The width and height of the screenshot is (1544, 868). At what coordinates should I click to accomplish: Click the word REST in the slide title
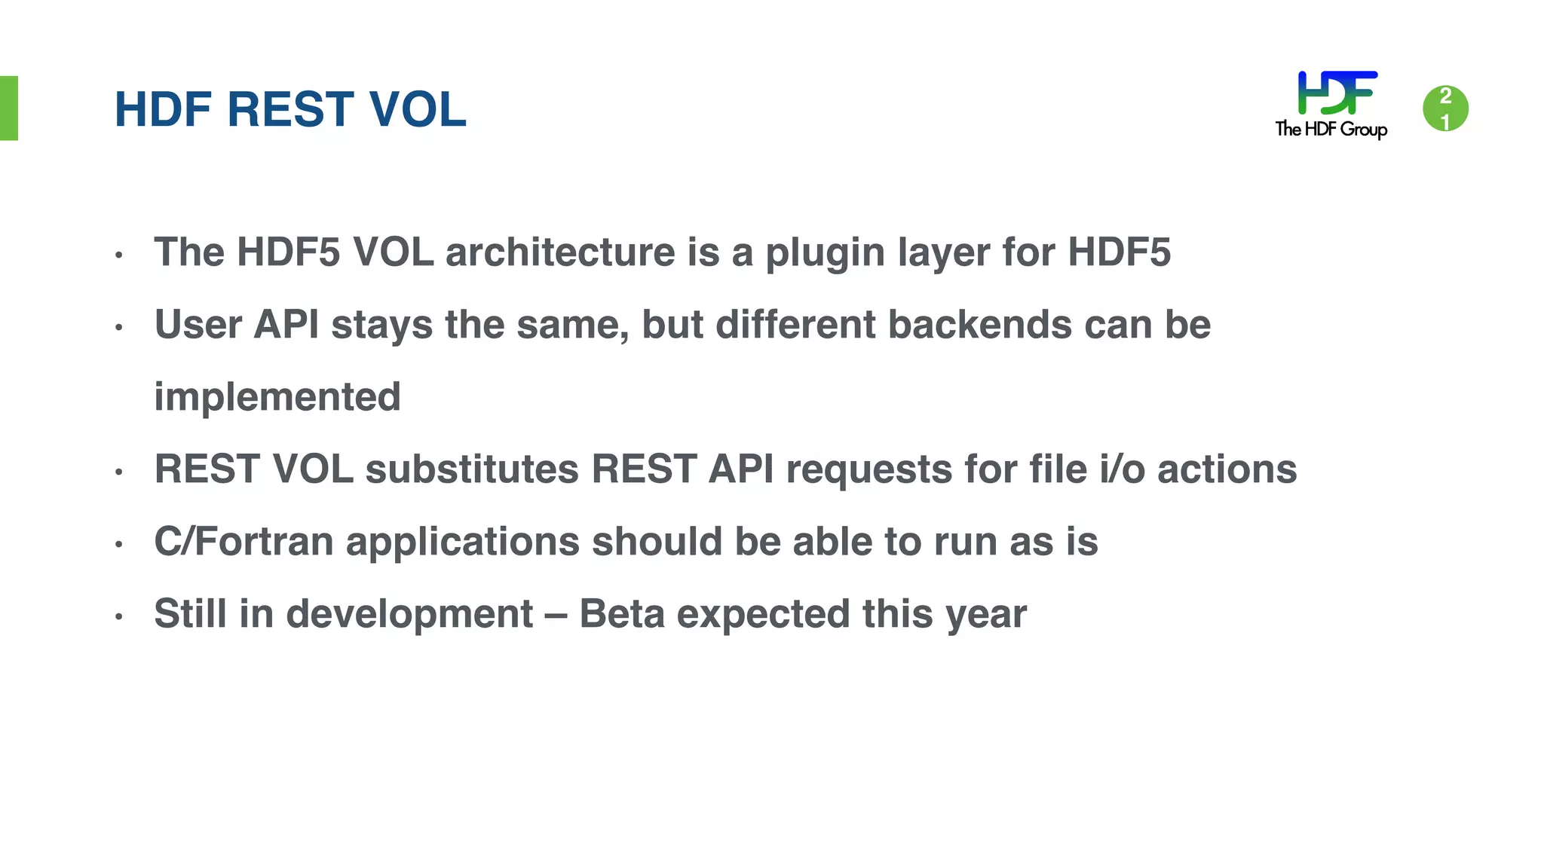(290, 109)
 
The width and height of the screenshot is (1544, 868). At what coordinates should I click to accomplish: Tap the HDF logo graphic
(1337, 93)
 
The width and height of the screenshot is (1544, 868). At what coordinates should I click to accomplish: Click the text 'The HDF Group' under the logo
(1331, 130)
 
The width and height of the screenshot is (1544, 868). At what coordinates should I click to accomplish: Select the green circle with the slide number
(1445, 108)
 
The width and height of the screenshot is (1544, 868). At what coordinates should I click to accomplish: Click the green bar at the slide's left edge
(8, 108)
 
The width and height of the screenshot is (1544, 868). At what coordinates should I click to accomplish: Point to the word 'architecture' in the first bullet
(560, 252)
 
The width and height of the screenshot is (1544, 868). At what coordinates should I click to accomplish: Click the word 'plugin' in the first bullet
(825, 253)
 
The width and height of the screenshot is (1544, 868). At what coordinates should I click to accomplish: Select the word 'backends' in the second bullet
(979, 325)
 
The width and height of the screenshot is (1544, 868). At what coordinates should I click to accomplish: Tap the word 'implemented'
(277, 397)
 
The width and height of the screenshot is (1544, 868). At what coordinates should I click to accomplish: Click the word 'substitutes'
(472, 469)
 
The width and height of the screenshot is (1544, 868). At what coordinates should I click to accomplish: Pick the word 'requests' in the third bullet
(868, 470)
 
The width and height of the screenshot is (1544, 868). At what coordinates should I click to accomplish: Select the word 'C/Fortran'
(244, 541)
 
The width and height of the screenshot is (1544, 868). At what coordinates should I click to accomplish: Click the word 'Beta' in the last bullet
(621, 613)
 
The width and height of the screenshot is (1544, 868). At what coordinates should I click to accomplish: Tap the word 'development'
(409, 615)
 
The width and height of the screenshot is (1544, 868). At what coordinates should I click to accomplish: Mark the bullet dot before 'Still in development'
(118, 617)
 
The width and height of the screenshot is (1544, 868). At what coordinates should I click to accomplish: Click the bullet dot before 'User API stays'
(118, 328)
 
